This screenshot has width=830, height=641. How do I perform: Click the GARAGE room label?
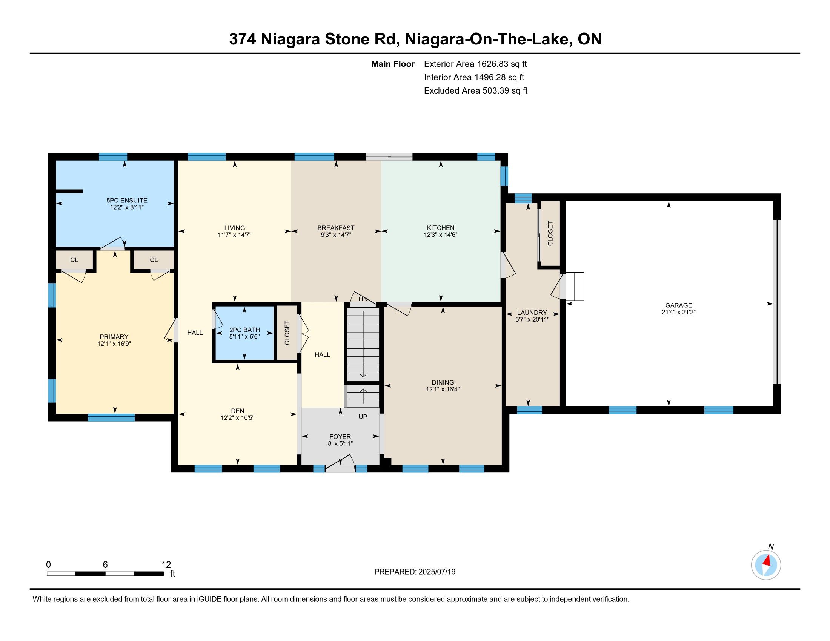click(678, 305)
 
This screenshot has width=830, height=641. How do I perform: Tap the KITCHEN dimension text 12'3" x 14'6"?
click(440, 235)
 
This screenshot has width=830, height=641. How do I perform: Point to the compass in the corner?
click(766, 565)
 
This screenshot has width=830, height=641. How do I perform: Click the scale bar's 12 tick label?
click(166, 564)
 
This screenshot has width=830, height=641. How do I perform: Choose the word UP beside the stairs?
click(363, 417)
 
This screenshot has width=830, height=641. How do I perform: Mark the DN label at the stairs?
click(363, 299)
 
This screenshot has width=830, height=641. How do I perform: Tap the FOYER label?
click(340, 437)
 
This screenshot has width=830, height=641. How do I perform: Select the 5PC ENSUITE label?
click(126, 200)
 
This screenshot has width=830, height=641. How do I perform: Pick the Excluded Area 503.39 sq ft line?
click(476, 90)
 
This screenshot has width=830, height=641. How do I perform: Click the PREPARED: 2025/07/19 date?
click(415, 572)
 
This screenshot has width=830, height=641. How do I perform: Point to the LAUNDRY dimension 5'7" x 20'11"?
click(532, 320)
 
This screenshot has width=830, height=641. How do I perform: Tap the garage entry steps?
click(575, 286)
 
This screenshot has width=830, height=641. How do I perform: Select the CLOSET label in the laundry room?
click(550, 233)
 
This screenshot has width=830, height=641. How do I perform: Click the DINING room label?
click(443, 382)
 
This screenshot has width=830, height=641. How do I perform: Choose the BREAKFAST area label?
click(336, 228)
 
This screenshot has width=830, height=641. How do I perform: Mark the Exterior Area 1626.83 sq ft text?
click(475, 64)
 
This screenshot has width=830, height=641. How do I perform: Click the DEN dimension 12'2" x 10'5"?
click(238, 418)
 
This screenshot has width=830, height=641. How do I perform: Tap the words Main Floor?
click(393, 64)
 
